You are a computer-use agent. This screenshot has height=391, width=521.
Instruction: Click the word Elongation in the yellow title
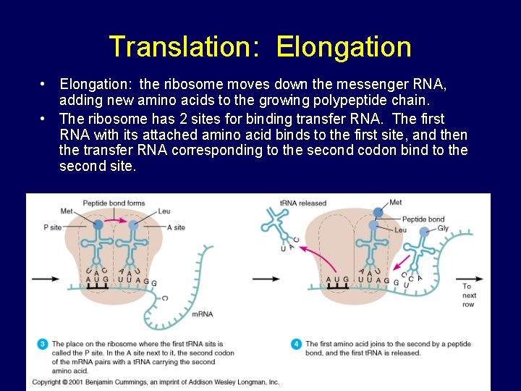pyautogui.click(x=343, y=47)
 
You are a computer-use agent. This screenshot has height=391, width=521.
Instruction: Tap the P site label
pyautogui.click(x=52, y=227)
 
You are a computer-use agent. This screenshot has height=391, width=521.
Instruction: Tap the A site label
pyautogui.click(x=175, y=227)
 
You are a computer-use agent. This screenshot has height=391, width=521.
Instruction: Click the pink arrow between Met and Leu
pyautogui.click(x=115, y=218)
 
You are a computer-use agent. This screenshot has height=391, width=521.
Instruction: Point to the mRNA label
pyautogui.click(x=202, y=314)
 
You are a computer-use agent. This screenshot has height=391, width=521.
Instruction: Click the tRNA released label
pyautogui.click(x=303, y=203)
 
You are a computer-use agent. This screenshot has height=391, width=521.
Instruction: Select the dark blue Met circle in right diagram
pyautogui.click(x=378, y=212)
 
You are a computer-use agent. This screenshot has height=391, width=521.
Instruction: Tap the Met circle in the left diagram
pyautogui.click(x=98, y=225)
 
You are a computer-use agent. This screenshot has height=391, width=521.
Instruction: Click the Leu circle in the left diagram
pyautogui.click(x=132, y=225)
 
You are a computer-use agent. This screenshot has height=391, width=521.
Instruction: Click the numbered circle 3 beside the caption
pyautogui.click(x=42, y=345)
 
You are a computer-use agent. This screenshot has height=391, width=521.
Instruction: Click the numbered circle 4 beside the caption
pyautogui.click(x=296, y=345)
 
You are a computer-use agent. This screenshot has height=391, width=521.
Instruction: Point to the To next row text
pyautogui.click(x=469, y=295)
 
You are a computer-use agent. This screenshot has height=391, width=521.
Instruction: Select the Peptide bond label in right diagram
pyautogui.click(x=423, y=219)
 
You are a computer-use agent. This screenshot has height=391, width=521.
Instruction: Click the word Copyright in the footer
pyautogui.click(x=46, y=382)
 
